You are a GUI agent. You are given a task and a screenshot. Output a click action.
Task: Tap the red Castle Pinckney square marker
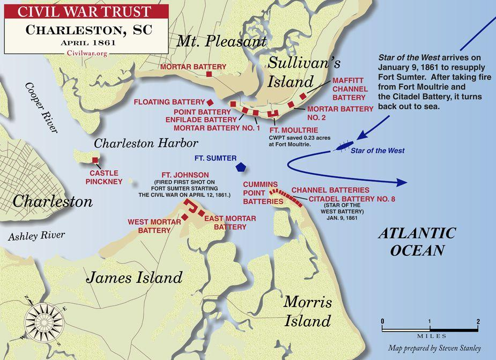click(x=95, y=160)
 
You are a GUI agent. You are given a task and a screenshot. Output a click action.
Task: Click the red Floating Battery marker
click(x=211, y=101)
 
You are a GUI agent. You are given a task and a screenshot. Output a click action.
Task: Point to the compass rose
click(x=43, y=321)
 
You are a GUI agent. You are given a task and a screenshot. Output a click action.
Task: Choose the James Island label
click(x=135, y=277)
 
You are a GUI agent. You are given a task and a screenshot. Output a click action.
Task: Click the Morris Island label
click(x=307, y=311)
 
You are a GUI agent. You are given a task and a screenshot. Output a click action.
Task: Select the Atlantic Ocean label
click(x=417, y=241)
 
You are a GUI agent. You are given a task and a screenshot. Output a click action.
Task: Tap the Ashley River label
click(x=36, y=235)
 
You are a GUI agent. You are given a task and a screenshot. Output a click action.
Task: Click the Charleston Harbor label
click(x=146, y=143)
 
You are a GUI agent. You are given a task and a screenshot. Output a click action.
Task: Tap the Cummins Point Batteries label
click(x=263, y=192)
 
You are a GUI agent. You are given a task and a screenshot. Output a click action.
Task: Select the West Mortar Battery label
click(x=149, y=226)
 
